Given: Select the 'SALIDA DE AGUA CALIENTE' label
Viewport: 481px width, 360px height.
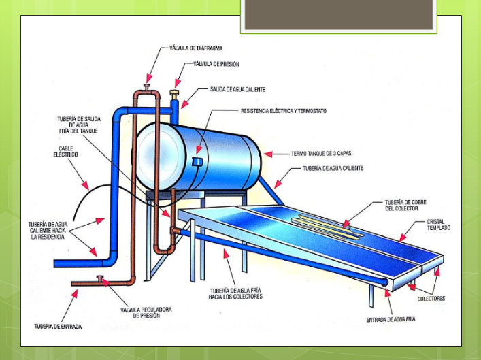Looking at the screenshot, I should click(237, 89).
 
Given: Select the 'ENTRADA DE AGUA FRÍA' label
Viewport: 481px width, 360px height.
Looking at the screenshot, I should click(391, 320).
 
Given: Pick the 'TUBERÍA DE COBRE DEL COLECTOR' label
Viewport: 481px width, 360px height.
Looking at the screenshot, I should click(405, 205).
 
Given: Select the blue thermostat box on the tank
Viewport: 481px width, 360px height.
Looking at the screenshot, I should click(197, 161).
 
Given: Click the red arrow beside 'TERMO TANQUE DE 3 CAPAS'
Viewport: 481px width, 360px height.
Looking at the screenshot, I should click(269, 154).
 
